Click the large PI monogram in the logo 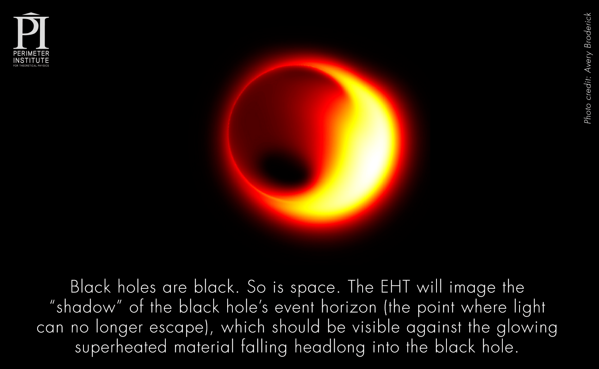coord(31,30)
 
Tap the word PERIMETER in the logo coord(31,53)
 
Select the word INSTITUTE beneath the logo coord(31,60)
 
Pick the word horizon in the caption coord(349,307)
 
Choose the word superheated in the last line coord(121,347)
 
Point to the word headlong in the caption coord(329,347)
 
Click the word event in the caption coord(295,307)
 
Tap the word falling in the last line coord(264,347)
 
